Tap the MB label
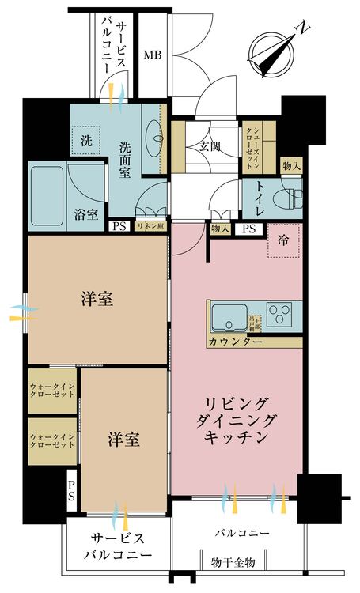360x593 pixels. (153, 55)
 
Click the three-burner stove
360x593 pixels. (279, 317)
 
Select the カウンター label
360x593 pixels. (236, 342)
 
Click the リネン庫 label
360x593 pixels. (150, 227)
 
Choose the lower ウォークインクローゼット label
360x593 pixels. (53, 440)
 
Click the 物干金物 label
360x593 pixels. (233, 562)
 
